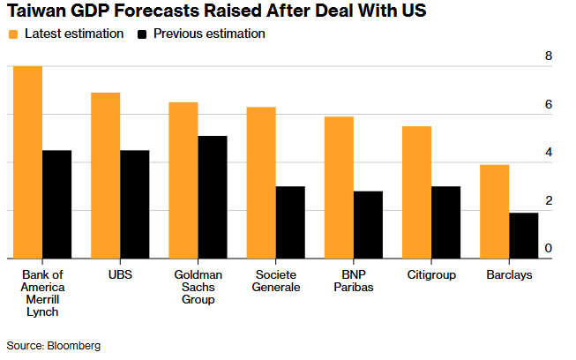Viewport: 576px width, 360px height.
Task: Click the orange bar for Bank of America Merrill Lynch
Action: pyautogui.click(x=28, y=162)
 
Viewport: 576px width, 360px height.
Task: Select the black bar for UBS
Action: pyautogui.click(x=135, y=205)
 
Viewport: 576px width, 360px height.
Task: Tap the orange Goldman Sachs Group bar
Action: pyautogui.click(x=183, y=180)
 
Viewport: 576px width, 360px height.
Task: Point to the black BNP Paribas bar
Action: pyautogui.click(x=368, y=225)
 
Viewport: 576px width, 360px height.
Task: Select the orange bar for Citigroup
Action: pyautogui.click(x=416, y=192)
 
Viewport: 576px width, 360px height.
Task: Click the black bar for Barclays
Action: pyautogui.click(x=523, y=236)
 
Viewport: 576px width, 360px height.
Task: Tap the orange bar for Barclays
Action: pyautogui.click(x=494, y=212)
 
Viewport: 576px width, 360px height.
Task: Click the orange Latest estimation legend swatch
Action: pyautogui.click(x=13, y=34)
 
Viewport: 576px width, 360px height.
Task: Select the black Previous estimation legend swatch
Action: pyautogui.click(x=143, y=34)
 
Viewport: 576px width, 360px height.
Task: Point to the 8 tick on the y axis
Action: pyautogui.click(x=549, y=56)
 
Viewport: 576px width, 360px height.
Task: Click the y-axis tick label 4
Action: pyautogui.click(x=549, y=153)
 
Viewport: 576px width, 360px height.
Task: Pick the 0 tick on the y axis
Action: pyautogui.click(x=549, y=249)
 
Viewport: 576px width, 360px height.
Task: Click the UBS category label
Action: pyautogui.click(x=120, y=275)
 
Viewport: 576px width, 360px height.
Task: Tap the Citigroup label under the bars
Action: pyautogui.click(x=431, y=275)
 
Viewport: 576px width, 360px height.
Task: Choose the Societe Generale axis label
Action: pyautogui.click(x=275, y=281)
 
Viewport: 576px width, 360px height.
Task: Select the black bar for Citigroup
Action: pyautogui.click(x=445, y=222)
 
